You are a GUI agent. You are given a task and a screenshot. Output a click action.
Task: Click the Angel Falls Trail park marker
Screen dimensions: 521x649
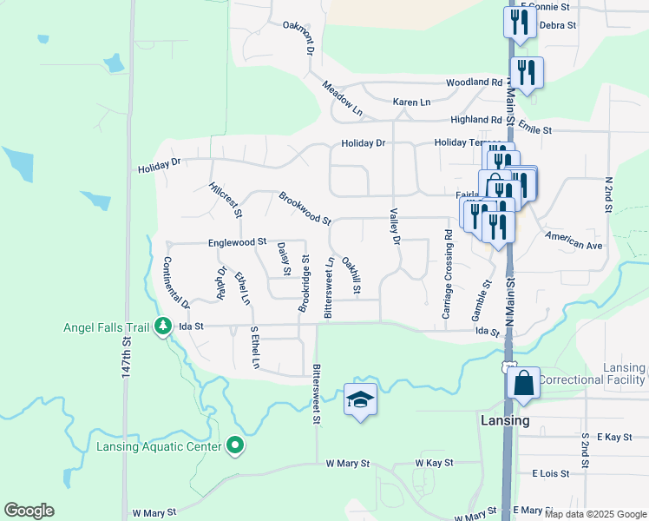(x=163, y=326)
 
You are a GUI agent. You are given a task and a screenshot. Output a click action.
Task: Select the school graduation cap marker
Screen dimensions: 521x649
(x=360, y=399)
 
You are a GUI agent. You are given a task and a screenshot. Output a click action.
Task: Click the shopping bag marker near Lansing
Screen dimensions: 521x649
(x=524, y=382)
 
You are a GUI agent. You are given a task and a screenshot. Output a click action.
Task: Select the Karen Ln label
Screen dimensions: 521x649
(x=411, y=102)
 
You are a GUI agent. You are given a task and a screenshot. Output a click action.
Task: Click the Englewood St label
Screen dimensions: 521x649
(x=236, y=242)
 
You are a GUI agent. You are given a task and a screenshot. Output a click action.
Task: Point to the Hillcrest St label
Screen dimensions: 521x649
(x=226, y=199)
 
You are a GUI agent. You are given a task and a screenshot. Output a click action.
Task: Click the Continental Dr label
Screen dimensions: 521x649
(x=176, y=283)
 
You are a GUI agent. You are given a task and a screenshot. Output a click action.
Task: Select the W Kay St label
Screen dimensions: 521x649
(x=434, y=464)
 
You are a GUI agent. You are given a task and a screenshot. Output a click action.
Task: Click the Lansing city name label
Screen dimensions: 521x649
(x=504, y=420)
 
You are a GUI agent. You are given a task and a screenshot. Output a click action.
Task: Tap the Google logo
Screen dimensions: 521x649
(x=29, y=511)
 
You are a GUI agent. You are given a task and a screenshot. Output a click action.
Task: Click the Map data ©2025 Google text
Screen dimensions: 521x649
(x=594, y=514)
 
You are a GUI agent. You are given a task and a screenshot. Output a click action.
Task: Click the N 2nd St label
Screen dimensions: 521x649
(x=607, y=192)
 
